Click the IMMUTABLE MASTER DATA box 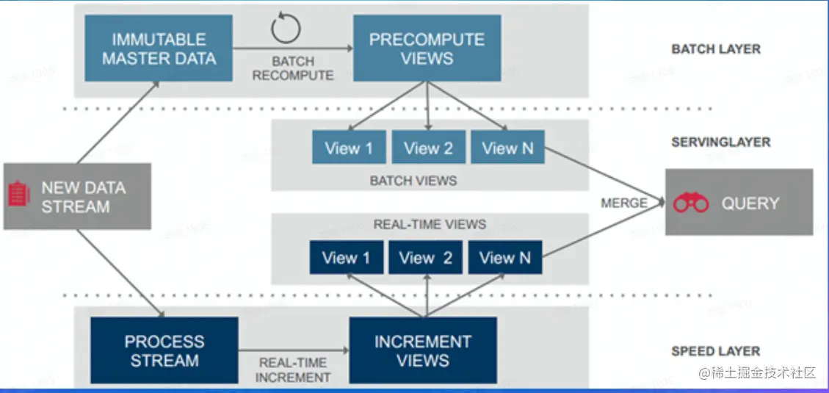click(159, 48)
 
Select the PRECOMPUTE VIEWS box click(427, 48)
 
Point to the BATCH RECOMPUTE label click(293, 68)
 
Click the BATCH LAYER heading click(716, 49)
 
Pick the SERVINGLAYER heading click(720, 142)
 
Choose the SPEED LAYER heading click(715, 351)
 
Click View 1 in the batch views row click(349, 148)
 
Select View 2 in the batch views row click(428, 148)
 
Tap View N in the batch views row click(507, 148)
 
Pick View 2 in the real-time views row click(426, 258)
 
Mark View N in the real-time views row click(505, 258)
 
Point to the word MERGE click(624, 203)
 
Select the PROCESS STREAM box click(164, 350)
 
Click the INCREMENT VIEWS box click(423, 350)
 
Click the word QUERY click(750, 203)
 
